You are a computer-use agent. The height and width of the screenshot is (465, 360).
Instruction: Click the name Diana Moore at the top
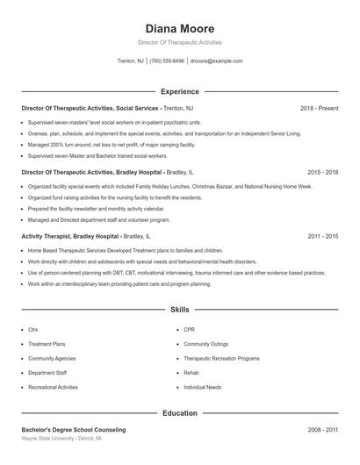[x=179, y=28]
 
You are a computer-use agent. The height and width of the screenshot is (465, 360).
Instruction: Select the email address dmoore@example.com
[x=215, y=61]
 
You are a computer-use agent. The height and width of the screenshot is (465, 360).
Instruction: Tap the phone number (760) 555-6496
[x=167, y=61]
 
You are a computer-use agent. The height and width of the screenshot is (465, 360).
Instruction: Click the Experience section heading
[x=179, y=91]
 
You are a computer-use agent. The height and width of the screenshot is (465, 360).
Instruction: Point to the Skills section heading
[x=179, y=310]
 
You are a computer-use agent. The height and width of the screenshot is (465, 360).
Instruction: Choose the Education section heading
[x=179, y=412]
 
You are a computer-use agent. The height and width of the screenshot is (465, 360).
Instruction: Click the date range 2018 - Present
[x=319, y=108]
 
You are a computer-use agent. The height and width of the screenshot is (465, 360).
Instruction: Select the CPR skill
[x=190, y=330]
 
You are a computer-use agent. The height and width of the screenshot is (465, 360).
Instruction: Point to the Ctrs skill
[x=33, y=330]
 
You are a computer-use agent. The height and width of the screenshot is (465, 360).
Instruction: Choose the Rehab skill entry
[x=191, y=373]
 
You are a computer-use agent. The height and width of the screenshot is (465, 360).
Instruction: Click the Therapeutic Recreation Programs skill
[x=221, y=359]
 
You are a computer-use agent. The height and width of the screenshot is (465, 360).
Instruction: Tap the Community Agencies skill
[x=52, y=359]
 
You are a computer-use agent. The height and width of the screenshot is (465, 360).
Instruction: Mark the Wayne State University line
[x=61, y=438]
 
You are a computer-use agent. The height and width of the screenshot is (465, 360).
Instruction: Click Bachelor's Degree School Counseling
[x=73, y=430]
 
